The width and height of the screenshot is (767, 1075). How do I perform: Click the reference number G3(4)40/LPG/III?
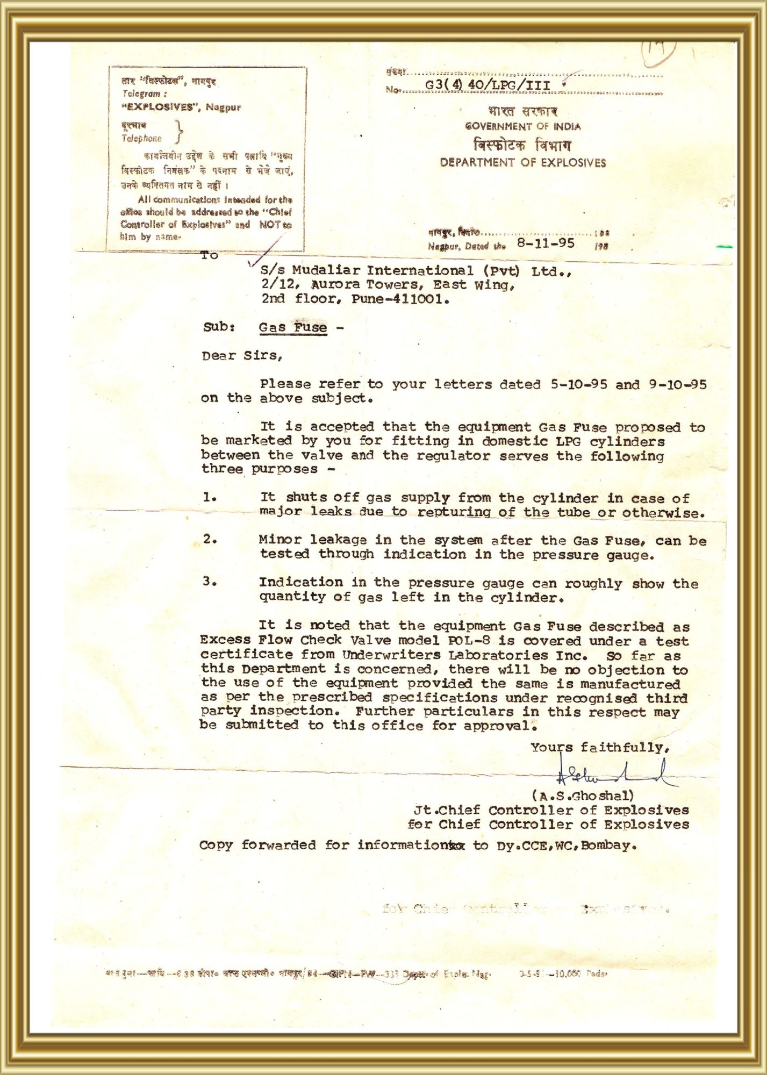(488, 85)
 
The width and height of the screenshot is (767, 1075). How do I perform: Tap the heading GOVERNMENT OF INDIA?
(522, 127)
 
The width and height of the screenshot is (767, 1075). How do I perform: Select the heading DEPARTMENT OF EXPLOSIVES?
(522, 163)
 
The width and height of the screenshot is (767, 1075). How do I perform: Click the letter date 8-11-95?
(546, 243)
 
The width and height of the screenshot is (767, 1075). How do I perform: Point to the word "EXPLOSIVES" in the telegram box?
(159, 107)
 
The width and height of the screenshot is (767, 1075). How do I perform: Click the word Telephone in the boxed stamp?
(141, 139)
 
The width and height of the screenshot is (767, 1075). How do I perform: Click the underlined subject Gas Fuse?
(292, 327)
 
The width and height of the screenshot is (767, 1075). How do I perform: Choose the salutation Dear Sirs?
(242, 356)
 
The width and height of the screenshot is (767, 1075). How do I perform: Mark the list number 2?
(210, 539)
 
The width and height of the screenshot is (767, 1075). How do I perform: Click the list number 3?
(210, 582)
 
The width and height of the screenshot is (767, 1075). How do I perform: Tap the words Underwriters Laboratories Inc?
(464, 655)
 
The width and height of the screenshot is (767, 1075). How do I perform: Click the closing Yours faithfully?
(600, 748)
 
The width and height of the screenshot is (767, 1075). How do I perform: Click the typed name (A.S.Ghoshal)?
(583, 795)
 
